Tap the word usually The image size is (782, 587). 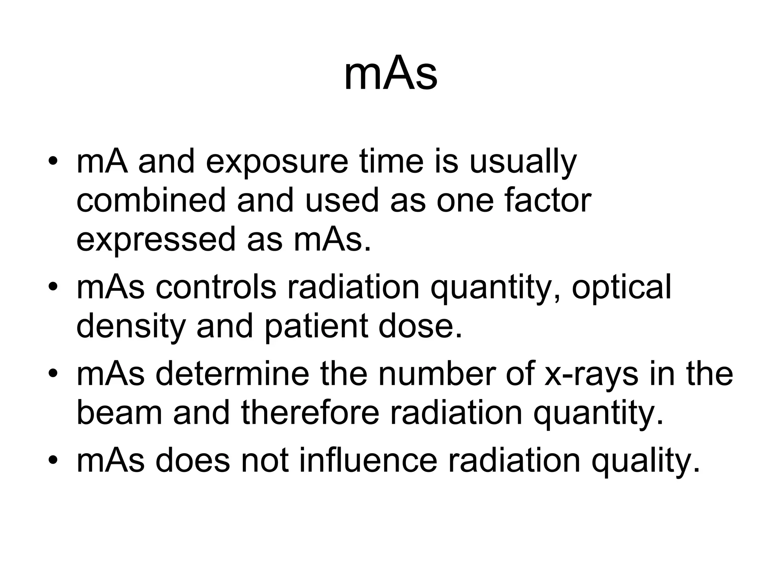523,162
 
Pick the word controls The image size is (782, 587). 216,287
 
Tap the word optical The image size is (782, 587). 621,287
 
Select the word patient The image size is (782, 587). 317,327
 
